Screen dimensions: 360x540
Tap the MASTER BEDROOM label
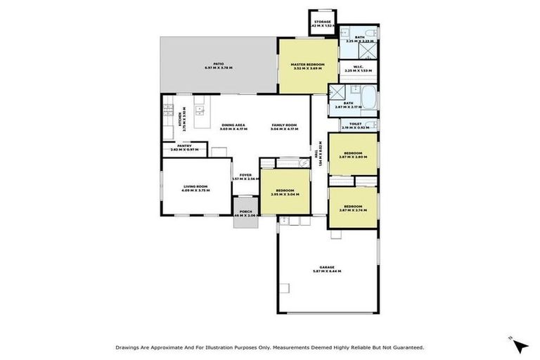(308, 65)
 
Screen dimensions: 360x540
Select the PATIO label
(219, 64)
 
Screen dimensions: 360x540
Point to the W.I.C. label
(359, 66)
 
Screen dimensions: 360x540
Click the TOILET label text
(355, 124)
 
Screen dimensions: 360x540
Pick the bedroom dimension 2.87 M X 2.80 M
(352, 157)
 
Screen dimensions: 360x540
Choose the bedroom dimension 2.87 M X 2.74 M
(352, 210)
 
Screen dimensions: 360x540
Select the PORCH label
(246, 211)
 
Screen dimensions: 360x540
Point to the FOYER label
(245, 174)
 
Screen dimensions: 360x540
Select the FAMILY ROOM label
(285, 124)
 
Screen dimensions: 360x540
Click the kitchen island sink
(200, 109)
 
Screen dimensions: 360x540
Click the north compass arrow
(521, 345)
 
